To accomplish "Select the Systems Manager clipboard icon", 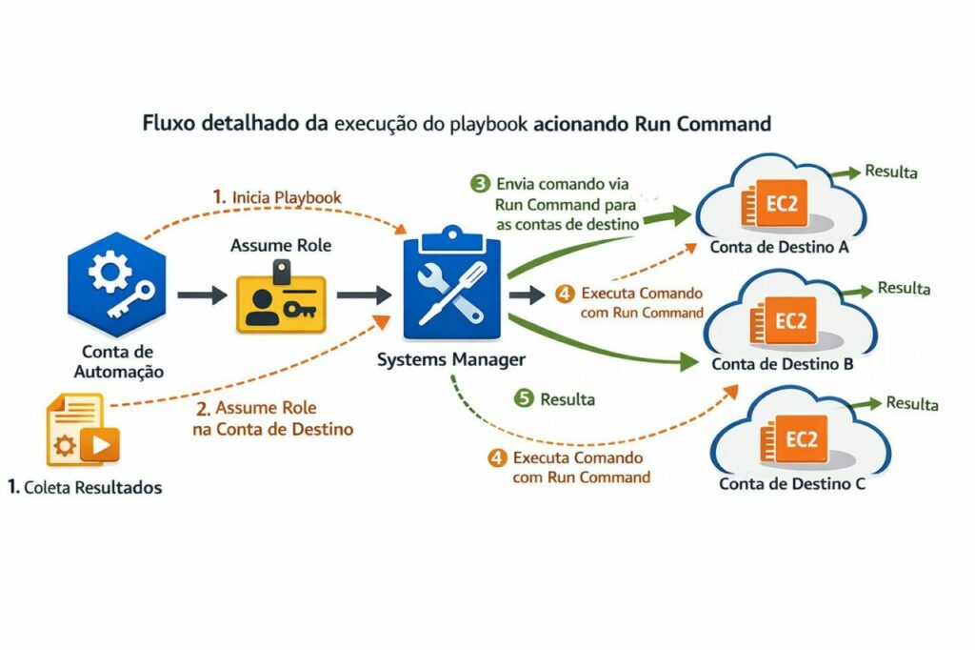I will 452,287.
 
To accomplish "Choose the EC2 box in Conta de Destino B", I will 789,321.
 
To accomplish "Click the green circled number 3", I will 482,182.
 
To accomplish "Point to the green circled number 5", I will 524,398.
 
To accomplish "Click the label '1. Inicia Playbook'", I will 277,197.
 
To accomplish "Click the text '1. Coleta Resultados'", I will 84,487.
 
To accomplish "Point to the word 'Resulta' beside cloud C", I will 912,403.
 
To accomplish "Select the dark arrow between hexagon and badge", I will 201,295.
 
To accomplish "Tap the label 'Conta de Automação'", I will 118,361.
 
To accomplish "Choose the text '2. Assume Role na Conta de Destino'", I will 273,418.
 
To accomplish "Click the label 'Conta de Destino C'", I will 792,484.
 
